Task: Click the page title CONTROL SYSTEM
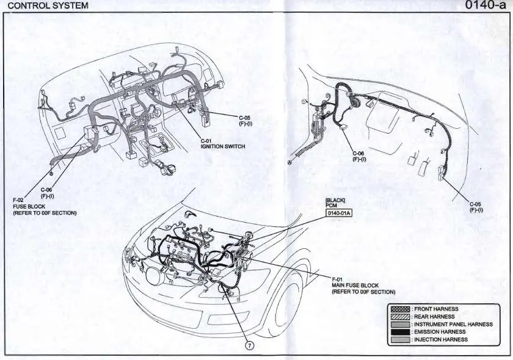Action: tap(48, 5)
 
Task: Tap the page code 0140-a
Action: tap(486, 5)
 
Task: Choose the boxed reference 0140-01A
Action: tap(339, 213)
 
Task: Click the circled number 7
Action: tap(249, 345)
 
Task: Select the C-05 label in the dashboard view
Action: tap(244, 117)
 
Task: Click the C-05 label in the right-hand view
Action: tap(476, 204)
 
